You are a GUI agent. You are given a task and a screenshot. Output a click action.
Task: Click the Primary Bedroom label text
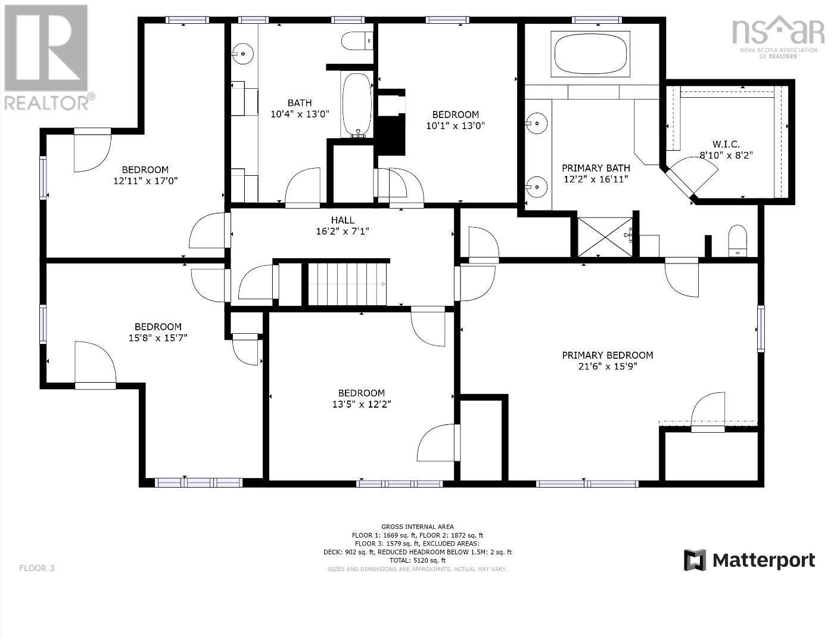[x=607, y=355]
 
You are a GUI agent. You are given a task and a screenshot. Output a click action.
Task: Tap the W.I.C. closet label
[x=726, y=144]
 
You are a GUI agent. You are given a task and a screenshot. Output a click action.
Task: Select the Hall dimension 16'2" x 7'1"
[x=343, y=231]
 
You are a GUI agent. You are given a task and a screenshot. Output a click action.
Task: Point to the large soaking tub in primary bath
[x=590, y=54]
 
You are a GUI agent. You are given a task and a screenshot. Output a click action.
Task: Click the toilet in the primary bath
[x=737, y=240]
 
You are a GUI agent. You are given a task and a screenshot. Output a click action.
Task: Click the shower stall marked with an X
[x=605, y=237]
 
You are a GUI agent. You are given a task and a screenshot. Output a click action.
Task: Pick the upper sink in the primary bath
[x=537, y=124]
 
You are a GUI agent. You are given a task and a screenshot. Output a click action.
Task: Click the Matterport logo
[x=749, y=560]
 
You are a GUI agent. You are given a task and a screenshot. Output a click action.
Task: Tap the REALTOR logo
[x=46, y=57]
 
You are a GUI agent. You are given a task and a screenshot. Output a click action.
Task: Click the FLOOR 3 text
[x=37, y=568]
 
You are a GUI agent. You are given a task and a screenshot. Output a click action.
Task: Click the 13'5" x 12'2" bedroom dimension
[x=361, y=404]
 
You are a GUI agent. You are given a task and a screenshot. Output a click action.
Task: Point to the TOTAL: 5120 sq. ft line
[x=417, y=560]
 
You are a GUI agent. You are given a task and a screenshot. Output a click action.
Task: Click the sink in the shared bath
[x=242, y=54]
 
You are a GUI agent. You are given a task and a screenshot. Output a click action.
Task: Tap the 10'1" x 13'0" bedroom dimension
[x=455, y=126]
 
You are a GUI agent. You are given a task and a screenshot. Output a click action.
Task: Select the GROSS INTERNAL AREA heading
[x=417, y=527]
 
